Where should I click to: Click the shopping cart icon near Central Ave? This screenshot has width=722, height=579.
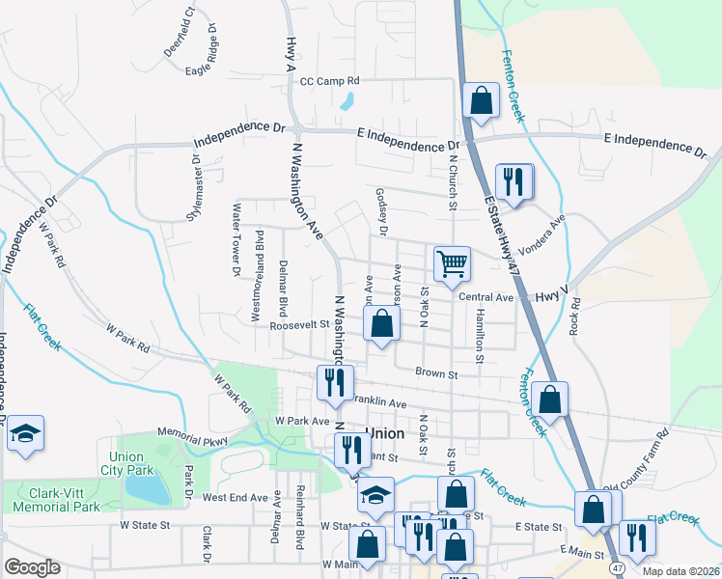coord(451,262)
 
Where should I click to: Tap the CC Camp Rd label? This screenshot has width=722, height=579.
coord(329,82)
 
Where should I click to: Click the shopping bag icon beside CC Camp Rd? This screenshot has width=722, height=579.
coord(480,99)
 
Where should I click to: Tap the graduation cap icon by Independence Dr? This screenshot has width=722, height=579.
coord(25,433)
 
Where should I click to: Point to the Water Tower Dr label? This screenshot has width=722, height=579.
coord(235,239)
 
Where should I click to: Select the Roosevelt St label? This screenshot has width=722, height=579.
coord(299,326)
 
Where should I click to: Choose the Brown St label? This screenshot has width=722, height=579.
coord(435,372)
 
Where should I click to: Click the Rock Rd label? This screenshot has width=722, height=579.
coord(575,316)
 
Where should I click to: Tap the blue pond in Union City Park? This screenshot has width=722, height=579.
coord(150,491)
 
